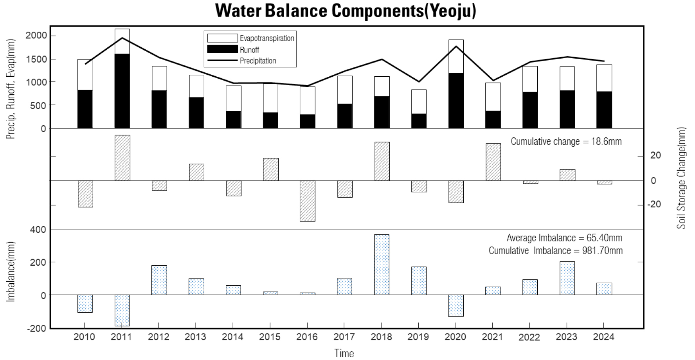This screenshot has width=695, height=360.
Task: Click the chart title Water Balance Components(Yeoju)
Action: click(x=346, y=11)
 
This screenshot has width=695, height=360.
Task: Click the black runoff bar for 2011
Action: click(x=122, y=91)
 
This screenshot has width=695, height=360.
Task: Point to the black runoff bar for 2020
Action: click(x=456, y=101)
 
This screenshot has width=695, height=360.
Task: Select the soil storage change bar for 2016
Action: click(x=307, y=201)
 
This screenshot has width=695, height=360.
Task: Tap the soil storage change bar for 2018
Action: click(x=382, y=161)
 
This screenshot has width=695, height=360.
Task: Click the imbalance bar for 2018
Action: click(x=382, y=265)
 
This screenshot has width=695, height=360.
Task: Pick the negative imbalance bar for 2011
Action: click(x=122, y=310)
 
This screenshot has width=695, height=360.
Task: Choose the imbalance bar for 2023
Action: click(x=567, y=278)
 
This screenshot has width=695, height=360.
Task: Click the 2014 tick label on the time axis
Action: click(x=232, y=337)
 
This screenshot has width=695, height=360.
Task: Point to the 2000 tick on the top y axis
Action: click(x=36, y=36)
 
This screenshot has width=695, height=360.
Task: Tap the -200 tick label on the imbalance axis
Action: click(x=36, y=329)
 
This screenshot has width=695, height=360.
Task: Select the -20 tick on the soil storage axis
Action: click(x=654, y=204)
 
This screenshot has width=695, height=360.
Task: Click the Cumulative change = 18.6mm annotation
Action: click(x=566, y=141)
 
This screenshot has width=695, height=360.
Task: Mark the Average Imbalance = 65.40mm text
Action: click(x=564, y=238)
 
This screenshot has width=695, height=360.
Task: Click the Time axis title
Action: click(x=344, y=353)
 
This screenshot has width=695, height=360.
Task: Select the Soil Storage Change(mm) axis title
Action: click(x=682, y=178)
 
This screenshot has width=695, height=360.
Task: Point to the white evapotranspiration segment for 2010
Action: click(x=85, y=75)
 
